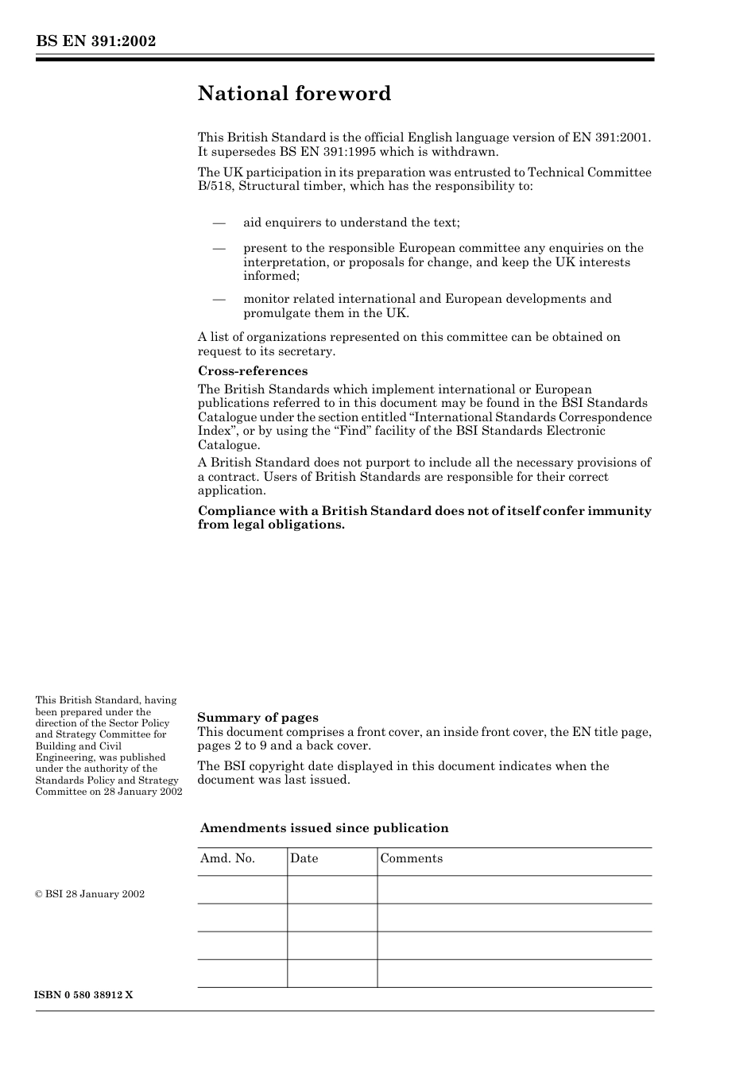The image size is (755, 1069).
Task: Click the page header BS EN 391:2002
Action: (x=95, y=41)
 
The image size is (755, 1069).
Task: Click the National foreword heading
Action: (x=294, y=94)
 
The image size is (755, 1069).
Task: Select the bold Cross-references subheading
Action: (x=252, y=371)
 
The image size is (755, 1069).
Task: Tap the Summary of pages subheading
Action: (x=257, y=718)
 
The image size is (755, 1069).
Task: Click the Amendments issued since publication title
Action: (x=324, y=828)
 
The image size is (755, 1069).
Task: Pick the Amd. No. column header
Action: (x=227, y=858)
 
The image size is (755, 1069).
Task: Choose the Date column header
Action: (x=304, y=858)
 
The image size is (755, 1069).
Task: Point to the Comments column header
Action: (x=411, y=858)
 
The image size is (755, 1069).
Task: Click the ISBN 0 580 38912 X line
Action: (x=84, y=995)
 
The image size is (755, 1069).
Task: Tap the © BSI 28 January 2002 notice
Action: (x=90, y=894)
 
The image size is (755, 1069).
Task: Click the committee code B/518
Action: (x=215, y=186)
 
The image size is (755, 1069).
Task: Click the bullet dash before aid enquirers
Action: (x=219, y=223)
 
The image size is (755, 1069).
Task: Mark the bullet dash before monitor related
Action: (x=219, y=299)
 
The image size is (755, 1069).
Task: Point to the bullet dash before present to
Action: (x=219, y=248)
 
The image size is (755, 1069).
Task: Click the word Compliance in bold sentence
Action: (x=234, y=511)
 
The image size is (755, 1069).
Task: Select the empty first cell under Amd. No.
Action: (x=242, y=890)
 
